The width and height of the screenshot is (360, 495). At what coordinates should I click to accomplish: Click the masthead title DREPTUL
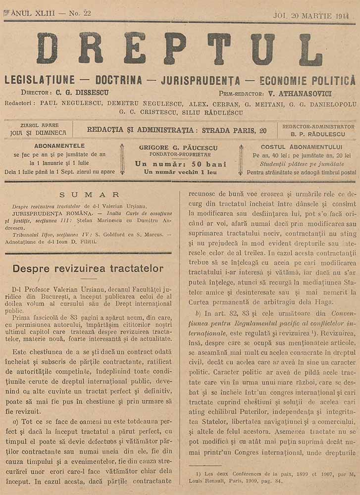[179, 49]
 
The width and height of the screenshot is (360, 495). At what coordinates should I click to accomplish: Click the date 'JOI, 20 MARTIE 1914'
[311, 15]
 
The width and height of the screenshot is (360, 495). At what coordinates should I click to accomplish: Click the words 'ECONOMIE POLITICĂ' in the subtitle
[307, 80]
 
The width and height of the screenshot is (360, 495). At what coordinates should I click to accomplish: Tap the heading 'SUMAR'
[89, 195]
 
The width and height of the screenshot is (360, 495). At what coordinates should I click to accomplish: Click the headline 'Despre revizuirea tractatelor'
[88, 268]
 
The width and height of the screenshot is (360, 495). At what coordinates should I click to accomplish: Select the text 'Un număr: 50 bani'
[180, 164]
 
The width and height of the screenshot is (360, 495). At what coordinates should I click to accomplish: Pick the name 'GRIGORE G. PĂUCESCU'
[180, 148]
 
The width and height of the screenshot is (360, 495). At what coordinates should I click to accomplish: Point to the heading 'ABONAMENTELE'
[60, 146]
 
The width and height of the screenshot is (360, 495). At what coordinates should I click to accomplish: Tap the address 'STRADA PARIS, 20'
[235, 130]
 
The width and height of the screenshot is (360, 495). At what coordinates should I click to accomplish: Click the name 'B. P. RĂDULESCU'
[318, 134]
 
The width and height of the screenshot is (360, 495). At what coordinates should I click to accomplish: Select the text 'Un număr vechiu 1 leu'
[180, 172]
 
